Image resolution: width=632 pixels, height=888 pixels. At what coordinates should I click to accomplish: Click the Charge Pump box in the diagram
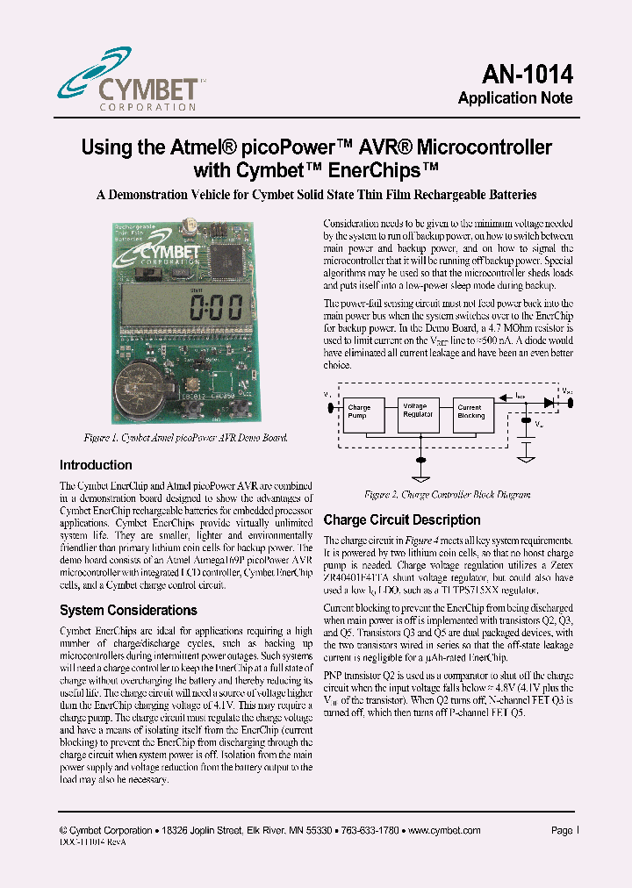coord(360,412)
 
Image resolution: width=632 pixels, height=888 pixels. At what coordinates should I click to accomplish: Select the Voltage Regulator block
coord(417,411)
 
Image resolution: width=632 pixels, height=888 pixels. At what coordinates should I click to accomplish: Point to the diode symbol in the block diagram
coord(549,402)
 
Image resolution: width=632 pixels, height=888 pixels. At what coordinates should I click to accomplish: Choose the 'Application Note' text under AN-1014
coord(515,98)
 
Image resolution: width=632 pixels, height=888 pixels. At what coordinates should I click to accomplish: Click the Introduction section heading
coord(96,465)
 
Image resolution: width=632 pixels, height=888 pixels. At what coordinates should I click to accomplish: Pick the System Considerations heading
coord(128,610)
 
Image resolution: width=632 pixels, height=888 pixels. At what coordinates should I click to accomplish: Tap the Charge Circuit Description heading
coord(402,519)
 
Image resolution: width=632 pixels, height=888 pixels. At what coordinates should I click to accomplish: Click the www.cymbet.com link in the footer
coord(442,829)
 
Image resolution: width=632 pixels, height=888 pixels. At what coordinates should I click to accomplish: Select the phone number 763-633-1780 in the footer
coord(370,829)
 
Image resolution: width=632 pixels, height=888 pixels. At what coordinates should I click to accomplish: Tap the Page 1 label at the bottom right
coord(562,829)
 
